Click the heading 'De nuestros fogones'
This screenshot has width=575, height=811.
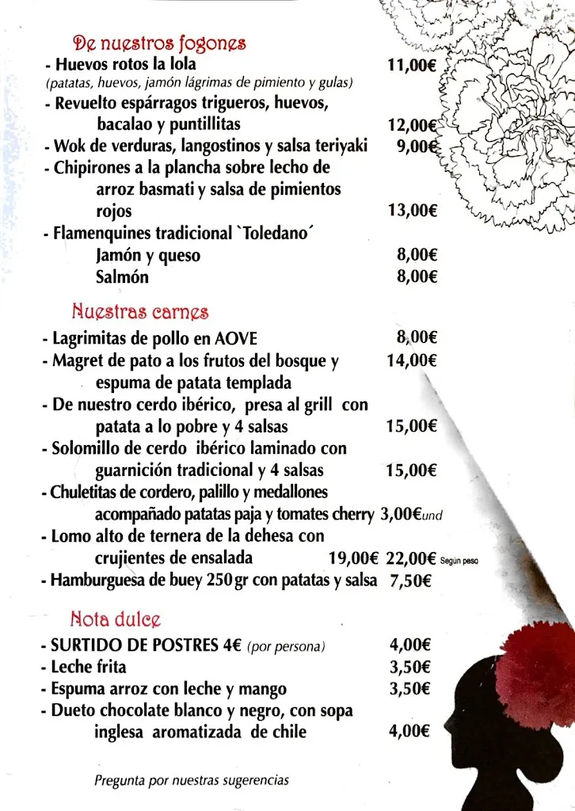pyautogui.click(x=158, y=43)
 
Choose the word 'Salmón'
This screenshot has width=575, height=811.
pyautogui.click(x=122, y=277)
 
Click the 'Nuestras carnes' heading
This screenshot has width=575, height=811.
pyautogui.click(x=140, y=311)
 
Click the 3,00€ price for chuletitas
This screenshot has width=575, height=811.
pyautogui.click(x=401, y=514)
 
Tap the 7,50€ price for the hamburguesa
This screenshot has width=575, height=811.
pyautogui.click(x=410, y=580)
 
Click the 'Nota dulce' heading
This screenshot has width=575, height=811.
pyautogui.click(x=116, y=618)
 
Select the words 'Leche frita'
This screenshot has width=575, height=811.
pyautogui.click(x=88, y=667)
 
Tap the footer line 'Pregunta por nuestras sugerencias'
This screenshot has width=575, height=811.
pyautogui.click(x=192, y=780)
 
